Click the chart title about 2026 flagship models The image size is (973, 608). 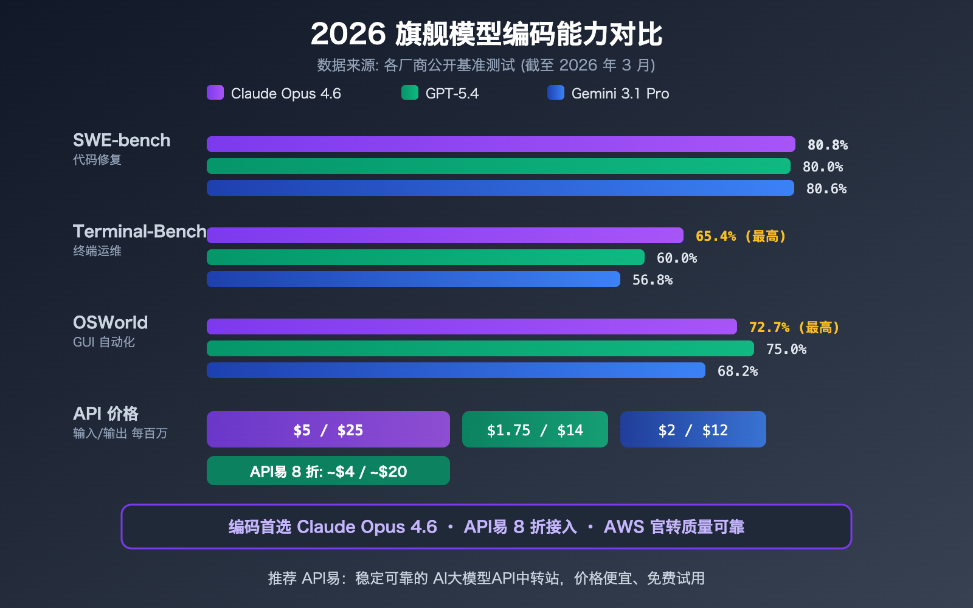486,34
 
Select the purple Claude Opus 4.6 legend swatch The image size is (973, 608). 215,92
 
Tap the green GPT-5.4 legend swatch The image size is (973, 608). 410,92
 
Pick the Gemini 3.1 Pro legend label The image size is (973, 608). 620,94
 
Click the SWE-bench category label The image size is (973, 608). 122,140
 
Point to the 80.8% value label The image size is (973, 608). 827,145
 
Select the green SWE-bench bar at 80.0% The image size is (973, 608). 499,166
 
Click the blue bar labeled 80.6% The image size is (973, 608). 500,188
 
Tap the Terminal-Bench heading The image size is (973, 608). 139,232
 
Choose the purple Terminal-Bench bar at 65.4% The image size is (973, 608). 445,235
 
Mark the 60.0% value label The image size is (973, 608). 676,258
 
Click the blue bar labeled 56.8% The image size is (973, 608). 414,279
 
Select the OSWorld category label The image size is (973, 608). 110,323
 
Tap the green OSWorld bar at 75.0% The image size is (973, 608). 480,348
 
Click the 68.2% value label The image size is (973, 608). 737,371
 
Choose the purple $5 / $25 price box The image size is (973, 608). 328,430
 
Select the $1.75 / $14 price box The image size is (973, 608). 535,430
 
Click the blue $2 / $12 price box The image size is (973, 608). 693,430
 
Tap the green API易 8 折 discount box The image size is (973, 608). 328,471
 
